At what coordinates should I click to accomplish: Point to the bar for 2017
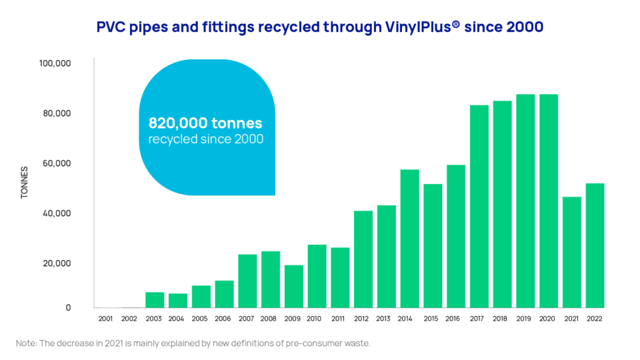click(x=479, y=206)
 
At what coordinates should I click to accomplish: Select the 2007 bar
click(x=247, y=281)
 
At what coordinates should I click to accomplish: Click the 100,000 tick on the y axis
click(x=56, y=64)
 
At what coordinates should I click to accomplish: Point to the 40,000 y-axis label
click(x=58, y=214)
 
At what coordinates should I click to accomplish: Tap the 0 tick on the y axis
click(x=67, y=308)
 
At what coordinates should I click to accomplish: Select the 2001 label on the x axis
click(x=105, y=319)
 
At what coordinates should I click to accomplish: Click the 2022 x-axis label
click(x=595, y=319)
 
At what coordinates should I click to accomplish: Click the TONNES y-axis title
click(x=25, y=183)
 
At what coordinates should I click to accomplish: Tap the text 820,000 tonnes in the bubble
click(x=205, y=123)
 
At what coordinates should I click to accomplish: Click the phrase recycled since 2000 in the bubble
click(x=205, y=139)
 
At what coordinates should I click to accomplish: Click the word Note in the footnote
click(x=26, y=343)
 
